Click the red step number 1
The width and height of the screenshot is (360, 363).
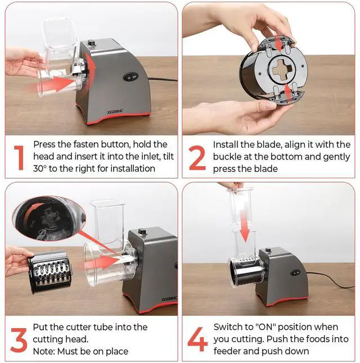click(x=19, y=158)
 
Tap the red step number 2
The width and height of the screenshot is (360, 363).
click(x=197, y=158)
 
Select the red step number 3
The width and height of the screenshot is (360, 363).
click(x=19, y=340)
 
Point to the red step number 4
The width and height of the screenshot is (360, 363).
click(x=197, y=339)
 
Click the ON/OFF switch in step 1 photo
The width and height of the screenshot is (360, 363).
click(x=130, y=76)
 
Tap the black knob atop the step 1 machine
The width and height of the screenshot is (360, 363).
click(x=91, y=43)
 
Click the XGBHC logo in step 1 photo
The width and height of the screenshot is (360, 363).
click(x=115, y=112)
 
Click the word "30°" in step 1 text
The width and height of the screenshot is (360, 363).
click(x=40, y=169)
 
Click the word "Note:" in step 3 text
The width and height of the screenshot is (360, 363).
click(x=44, y=351)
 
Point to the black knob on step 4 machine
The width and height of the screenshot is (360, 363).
click(x=268, y=250)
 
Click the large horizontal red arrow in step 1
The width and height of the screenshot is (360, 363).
click(x=55, y=84)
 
